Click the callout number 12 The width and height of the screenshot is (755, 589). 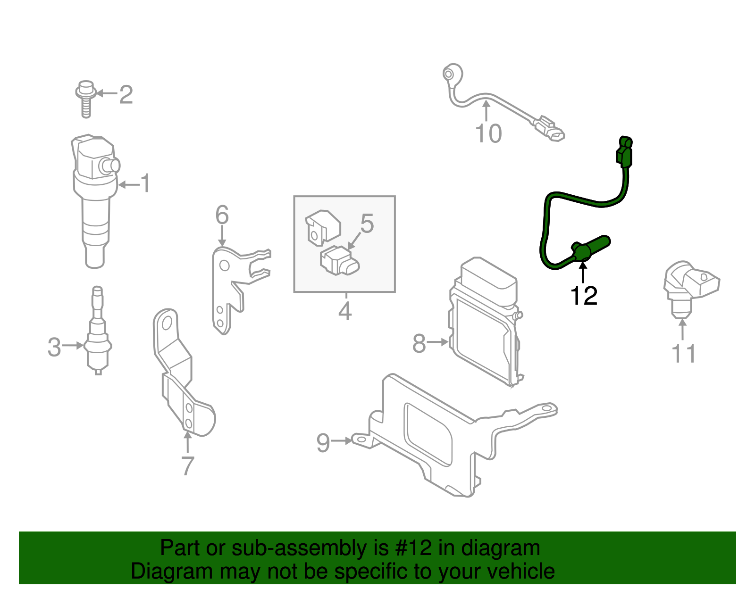click(584, 296)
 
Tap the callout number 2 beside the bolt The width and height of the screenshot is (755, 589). click(126, 94)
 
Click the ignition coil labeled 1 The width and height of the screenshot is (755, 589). click(95, 198)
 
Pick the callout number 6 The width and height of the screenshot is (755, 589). click(222, 216)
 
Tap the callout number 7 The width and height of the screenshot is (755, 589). click(188, 466)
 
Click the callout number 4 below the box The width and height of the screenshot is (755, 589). click(345, 311)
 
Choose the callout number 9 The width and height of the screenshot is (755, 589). click(323, 443)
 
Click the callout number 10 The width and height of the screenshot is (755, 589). click(488, 134)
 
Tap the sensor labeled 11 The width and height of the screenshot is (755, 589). click(689, 288)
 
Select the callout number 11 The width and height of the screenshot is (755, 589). click(683, 354)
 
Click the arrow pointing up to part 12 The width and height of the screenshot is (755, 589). click(584, 273)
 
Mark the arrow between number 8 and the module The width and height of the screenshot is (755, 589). click(438, 342)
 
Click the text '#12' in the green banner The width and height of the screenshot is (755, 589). click(411, 548)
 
